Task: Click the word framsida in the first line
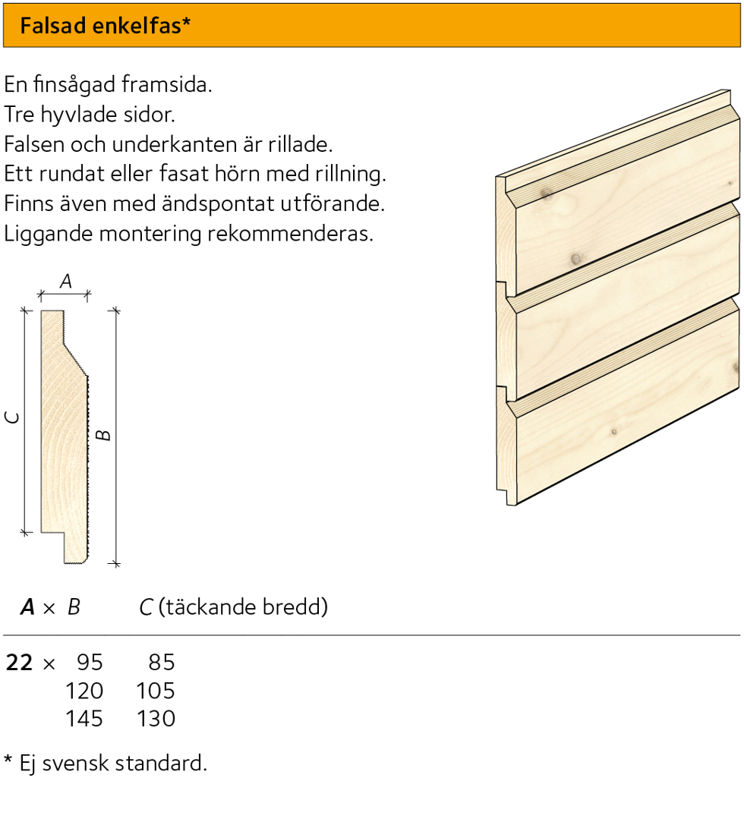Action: [x=167, y=84]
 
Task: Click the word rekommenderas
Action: [x=291, y=233]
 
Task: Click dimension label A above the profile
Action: [x=65, y=282]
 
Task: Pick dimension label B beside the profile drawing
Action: [x=104, y=435]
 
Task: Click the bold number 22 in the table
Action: [x=20, y=663]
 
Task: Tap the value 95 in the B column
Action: [x=90, y=663]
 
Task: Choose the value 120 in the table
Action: [x=84, y=691]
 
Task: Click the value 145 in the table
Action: [x=84, y=719]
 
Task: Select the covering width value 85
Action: [x=162, y=663]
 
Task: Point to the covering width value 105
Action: [x=156, y=691]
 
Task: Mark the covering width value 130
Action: [x=156, y=719]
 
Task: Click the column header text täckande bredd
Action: [x=243, y=607]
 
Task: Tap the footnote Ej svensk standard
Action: [x=113, y=764]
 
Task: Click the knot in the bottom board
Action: [x=614, y=432]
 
